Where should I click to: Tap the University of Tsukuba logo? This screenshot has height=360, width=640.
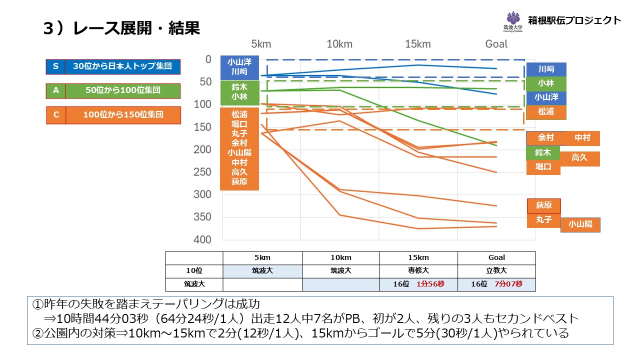point(512,21)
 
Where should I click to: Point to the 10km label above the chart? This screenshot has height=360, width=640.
point(339,44)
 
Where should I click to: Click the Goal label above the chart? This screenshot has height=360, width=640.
point(496,44)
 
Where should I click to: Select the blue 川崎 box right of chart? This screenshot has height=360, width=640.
point(546,69)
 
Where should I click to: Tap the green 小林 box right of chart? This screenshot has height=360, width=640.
point(546,83)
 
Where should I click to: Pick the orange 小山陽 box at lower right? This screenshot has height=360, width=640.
point(580,225)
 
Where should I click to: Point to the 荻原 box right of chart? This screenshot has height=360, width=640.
point(543,205)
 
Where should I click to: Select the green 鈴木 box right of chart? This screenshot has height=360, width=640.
point(543,152)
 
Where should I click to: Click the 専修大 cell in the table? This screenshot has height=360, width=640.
point(418,271)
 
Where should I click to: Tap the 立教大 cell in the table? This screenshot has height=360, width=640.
point(496,271)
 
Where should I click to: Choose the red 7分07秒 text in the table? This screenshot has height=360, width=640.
point(508,284)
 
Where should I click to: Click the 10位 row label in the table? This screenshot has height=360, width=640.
point(194,271)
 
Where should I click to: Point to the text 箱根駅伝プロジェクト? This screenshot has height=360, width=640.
point(574,20)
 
